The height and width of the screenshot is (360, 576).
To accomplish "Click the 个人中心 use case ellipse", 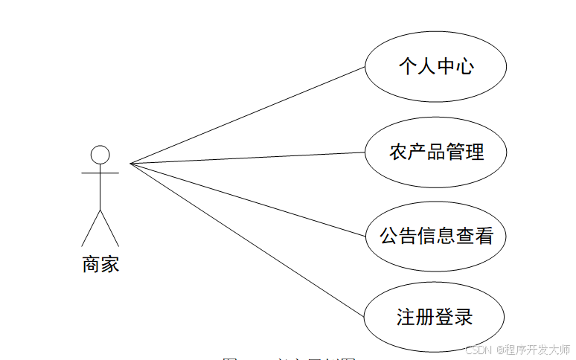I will click(x=436, y=67).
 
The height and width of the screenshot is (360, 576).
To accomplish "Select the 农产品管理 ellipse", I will click(x=436, y=152).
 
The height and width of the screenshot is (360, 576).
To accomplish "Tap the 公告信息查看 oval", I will click(x=436, y=237).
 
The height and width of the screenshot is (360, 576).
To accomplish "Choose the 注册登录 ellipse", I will click(x=436, y=317).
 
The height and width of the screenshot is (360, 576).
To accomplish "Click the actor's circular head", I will click(x=100, y=154).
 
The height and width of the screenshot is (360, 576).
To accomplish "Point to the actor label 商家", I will click(x=100, y=264).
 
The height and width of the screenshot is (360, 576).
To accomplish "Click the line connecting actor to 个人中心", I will click(x=248, y=115).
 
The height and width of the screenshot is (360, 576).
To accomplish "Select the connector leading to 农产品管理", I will click(x=248, y=158).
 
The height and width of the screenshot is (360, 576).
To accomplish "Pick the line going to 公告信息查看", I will click(x=248, y=199).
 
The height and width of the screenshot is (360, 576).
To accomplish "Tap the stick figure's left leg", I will click(x=91, y=228).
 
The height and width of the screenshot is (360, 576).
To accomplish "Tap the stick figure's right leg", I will click(x=109, y=228).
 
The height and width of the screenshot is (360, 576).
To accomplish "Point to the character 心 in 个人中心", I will click(x=465, y=67).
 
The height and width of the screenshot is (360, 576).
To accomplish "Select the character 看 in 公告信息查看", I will click(x=484, y=237).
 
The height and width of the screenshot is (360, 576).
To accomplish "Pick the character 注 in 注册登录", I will click(x=405, y=317).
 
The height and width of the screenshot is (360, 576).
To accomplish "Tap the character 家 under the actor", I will click(x=110, y=264).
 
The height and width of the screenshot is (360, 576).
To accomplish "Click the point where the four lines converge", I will click(x=131, y=163).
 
